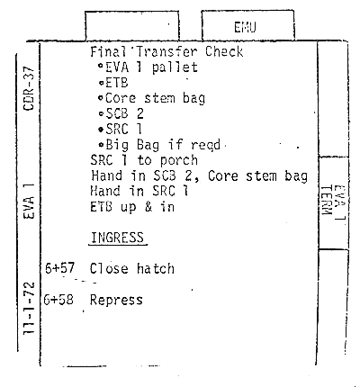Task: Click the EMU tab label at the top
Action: [245, 28]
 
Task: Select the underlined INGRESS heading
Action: [117, 238]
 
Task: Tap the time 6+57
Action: [59, 268]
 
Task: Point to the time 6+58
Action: [58, 300]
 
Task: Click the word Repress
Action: [116, 300]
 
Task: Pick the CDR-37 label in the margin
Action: [30, 89]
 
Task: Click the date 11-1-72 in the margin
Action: [30, 308]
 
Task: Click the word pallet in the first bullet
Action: [175, 67]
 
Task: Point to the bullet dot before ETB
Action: [102, 83]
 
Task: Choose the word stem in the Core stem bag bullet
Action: [159, 98]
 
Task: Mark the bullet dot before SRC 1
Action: [101, 130]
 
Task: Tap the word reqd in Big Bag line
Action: [206, 146]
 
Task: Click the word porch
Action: [179, 161]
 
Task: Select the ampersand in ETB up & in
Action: [148, 207]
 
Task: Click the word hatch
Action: [156, 268]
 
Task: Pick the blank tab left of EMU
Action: [132, 26]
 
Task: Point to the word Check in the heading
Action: [224, 52]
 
